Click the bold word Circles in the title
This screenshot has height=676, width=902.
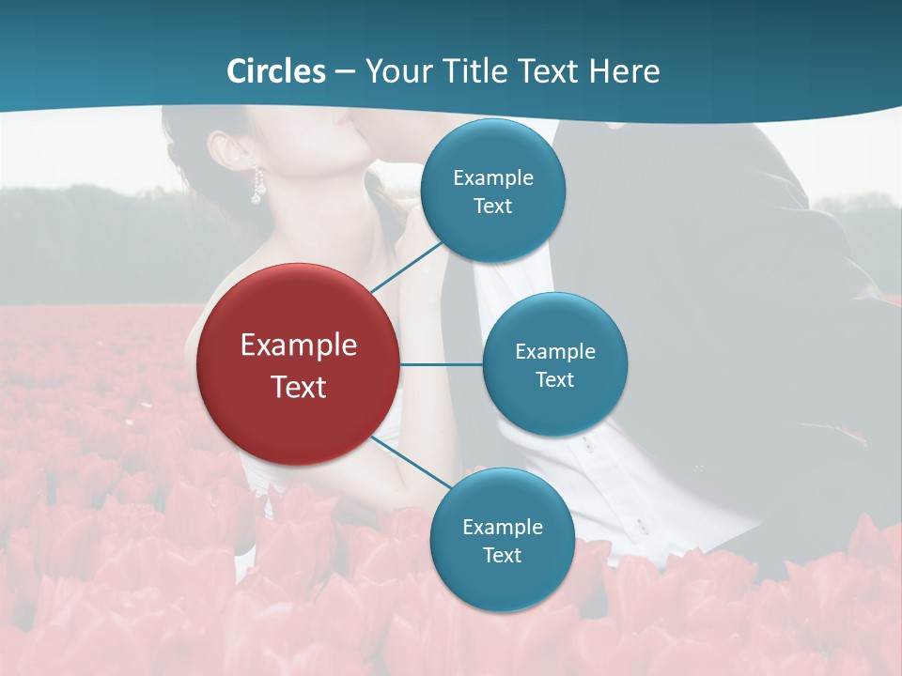pyautogui.click(x=276, y=71)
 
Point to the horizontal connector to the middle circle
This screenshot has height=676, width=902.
pyautogui.click(x=441, y=364)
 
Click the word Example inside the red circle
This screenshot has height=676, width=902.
pyautogui.click(x=299, y=345)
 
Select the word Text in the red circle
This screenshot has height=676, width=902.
pyautogui.click(x=299, y=387)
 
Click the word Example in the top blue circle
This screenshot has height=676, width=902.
pyautogui.click(x=493, y=177)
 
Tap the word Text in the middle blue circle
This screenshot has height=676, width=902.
pyautogui.click(x=554, y=379)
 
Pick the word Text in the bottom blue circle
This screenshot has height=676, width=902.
pyautogui.click(x=502, y=555)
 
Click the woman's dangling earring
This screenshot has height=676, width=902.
pyautogui.click(x=257, y=186)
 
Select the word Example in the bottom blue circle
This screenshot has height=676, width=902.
pyautogui.click(x=503, y=527)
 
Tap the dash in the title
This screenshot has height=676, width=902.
pyautogui.click(x=345, y=72)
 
